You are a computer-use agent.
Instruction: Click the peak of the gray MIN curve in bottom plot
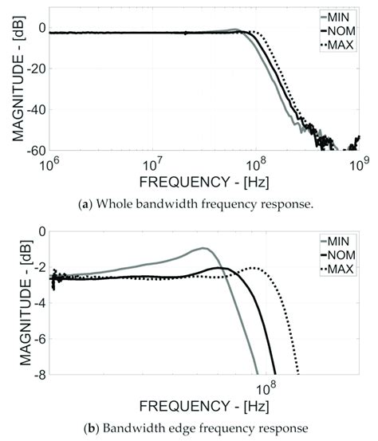pyautogui.click(x=205, y=248)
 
